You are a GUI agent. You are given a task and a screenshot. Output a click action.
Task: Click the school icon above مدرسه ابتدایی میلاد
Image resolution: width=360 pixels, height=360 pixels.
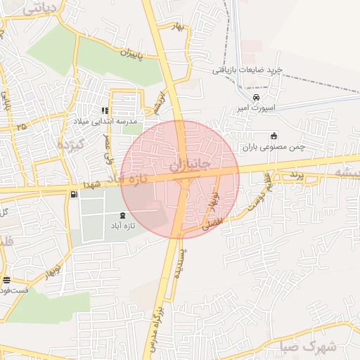105,110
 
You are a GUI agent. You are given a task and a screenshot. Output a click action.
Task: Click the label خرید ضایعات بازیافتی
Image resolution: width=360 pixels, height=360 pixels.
248,70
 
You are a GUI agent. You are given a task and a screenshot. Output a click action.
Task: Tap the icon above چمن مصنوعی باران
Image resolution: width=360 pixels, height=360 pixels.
274,136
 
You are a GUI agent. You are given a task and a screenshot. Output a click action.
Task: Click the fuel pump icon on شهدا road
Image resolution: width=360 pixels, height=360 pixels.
74,194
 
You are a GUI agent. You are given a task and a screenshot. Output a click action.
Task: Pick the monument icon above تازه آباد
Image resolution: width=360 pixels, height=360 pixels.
124,214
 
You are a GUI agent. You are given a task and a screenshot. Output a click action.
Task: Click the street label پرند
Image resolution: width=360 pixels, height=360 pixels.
294,174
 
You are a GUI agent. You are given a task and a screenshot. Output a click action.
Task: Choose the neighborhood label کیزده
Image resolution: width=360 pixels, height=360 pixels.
70,144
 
